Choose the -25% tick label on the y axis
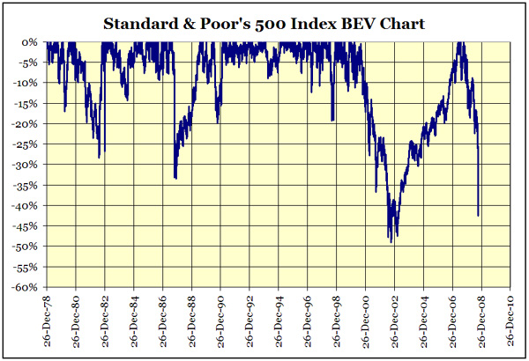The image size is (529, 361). pos(26,144)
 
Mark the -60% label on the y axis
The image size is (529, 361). pos(26,287)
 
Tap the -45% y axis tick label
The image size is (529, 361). pos(26,226)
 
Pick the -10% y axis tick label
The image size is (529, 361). pos(26,83)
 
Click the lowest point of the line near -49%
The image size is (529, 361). pos(391,240)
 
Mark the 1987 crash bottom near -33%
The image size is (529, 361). pos(175,178)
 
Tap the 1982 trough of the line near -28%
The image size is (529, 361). pos(100,157)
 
